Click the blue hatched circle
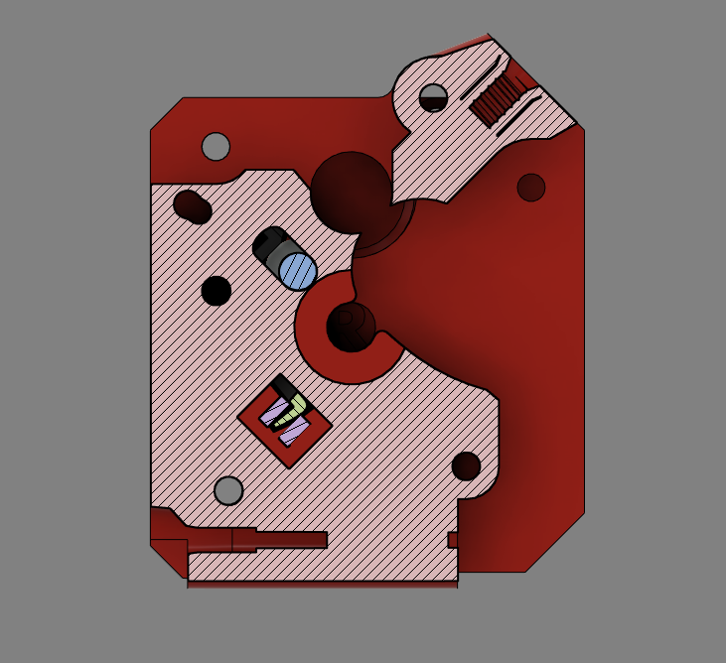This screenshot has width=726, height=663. pyautogui.click(x=297, y=270)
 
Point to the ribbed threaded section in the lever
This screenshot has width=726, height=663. pyautogui.click(x=498, y=99)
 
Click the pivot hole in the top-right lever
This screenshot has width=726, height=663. pyautogui.click(x=433, y=97)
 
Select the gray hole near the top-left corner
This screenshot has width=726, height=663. pyautogui.click(x=216, y=146)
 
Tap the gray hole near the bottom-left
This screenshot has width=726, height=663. pyautogui.click(x=228, y=490)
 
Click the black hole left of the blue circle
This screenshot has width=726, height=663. pyautogui.click(x=217, y=291)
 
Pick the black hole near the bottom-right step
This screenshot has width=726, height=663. pyautogui.click(x=466, y=465)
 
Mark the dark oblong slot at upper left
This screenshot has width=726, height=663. pyautogui.click(x=192, y=206)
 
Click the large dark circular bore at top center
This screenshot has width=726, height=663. pyautogui.click(x=351, y=192)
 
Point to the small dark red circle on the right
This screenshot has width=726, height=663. pyautogui.click(x=531, y=187)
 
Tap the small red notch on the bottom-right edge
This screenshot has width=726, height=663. pyautogui.click(x=453, y=540)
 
